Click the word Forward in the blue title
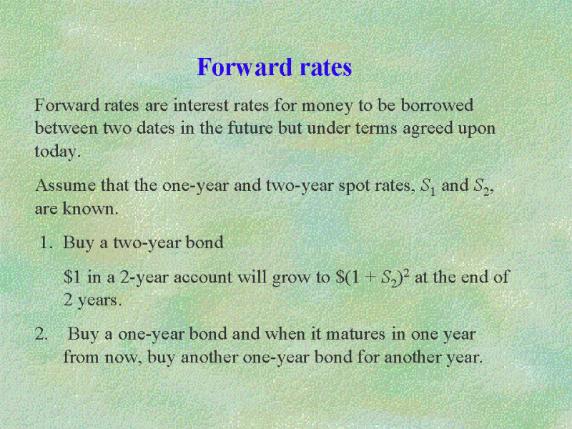point(245,67)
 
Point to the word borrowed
point(437,105)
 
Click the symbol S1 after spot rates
point(428,187)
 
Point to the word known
point(91,208)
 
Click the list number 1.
point(46,242)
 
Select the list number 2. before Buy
point(41,334)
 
